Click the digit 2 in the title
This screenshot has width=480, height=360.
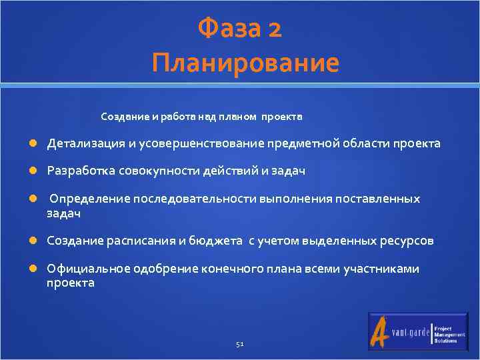tap(274, 29)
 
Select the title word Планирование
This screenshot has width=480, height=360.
tap(245, 63)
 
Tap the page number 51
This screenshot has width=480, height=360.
tap(240, 344)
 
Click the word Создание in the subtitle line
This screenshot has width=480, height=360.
tap(124, 117)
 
